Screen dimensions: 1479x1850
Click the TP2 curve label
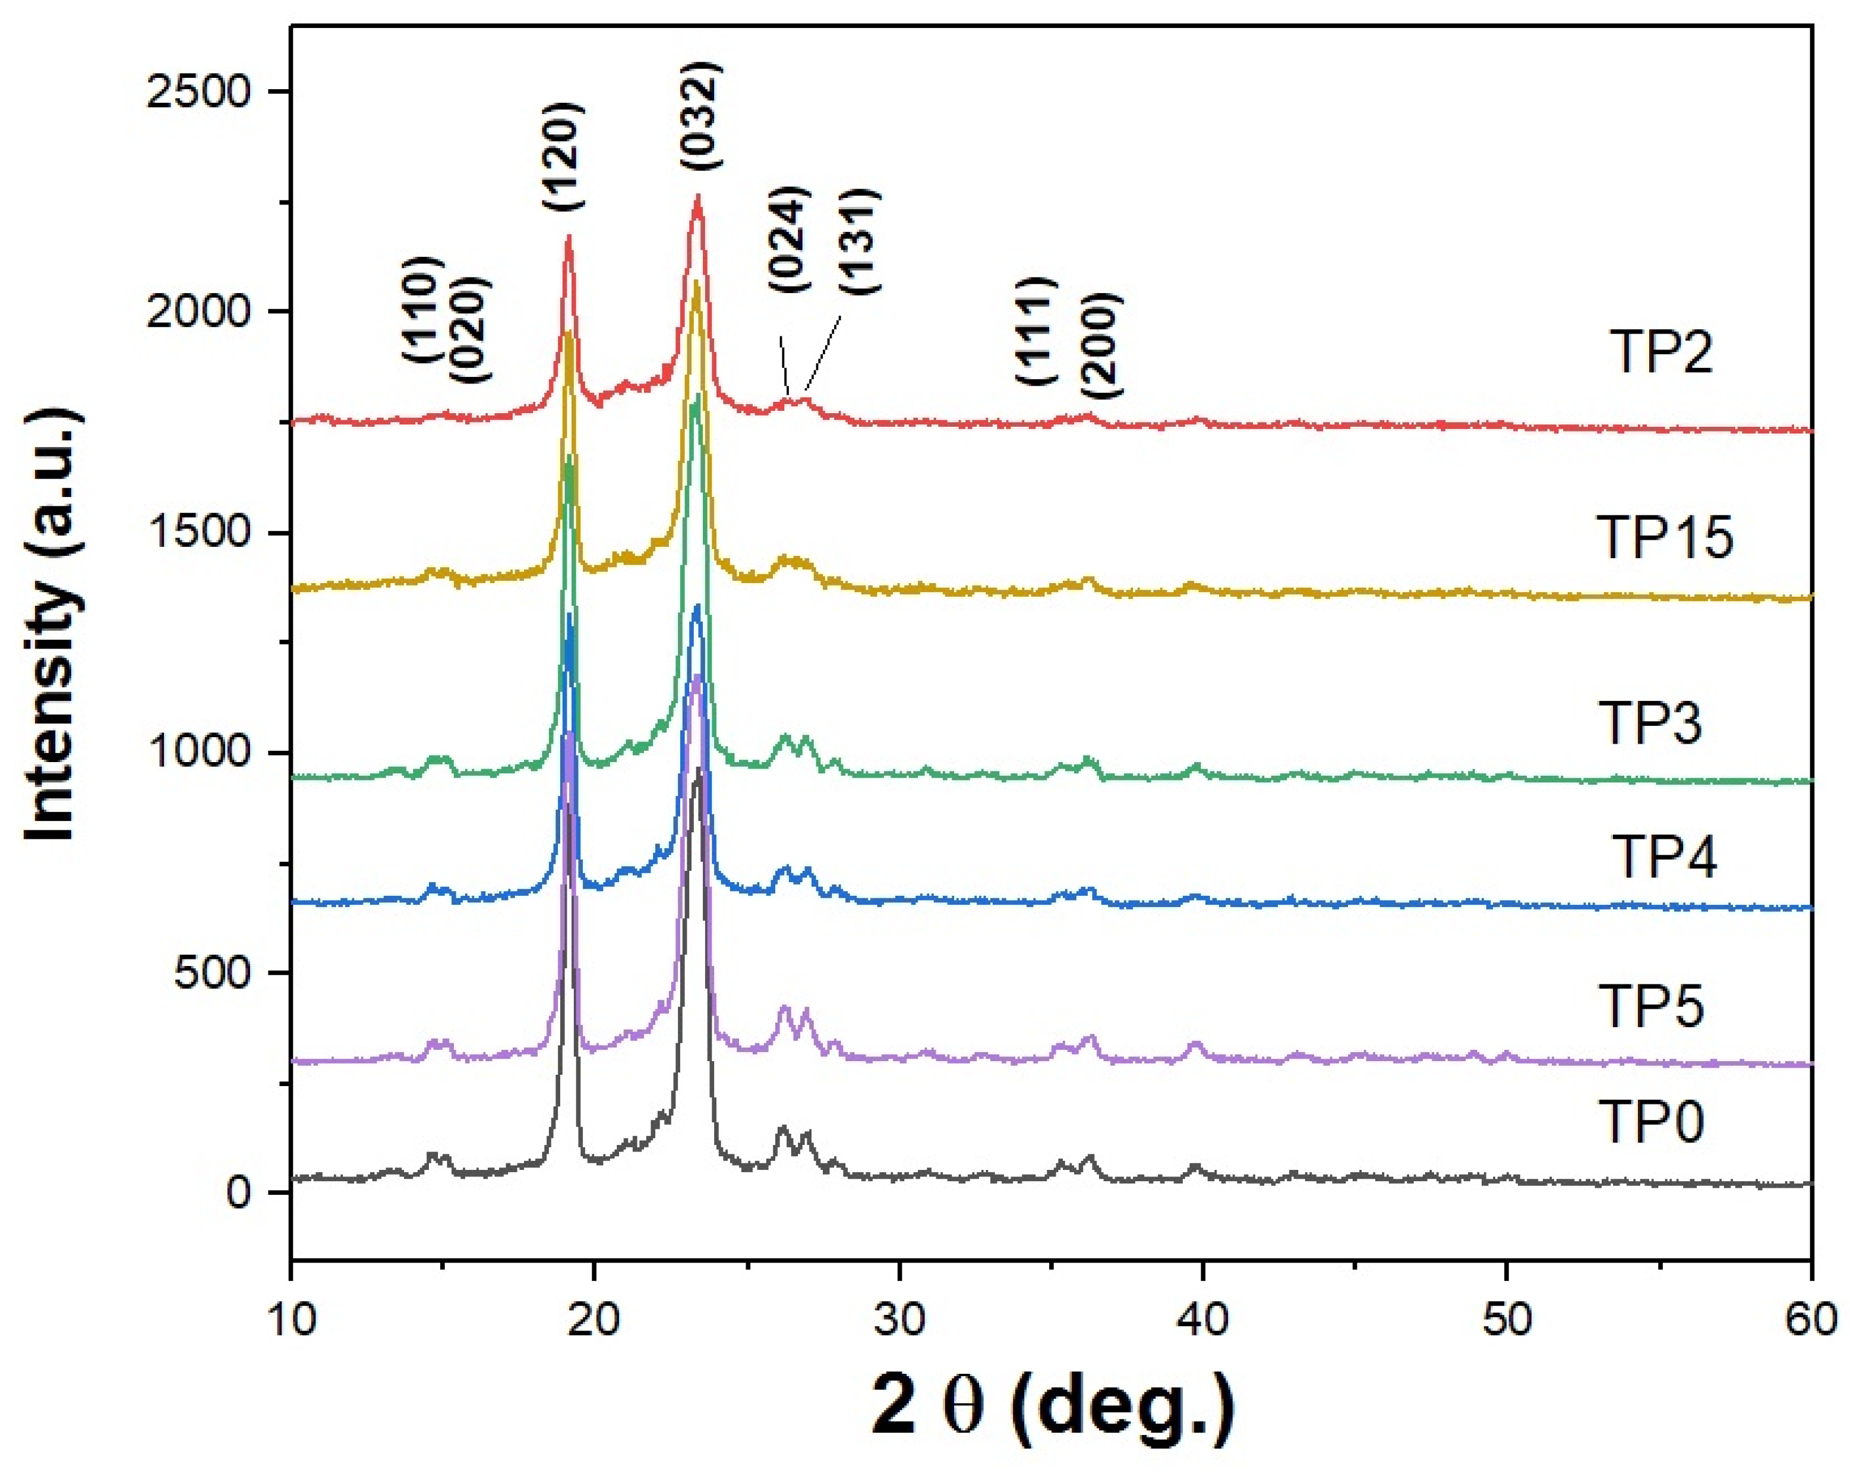click(x=1662, y=351)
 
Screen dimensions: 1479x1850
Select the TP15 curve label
click(x=1665, y=537)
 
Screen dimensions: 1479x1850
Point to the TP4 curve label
click(x=1665, y=857)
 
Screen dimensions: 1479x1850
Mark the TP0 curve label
click(x=1651, y=1122)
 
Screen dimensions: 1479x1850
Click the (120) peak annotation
click(x=564, y=157)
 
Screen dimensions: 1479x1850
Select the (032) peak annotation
click(x=700, y=115)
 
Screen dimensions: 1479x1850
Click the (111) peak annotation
click(x=1035, y=331)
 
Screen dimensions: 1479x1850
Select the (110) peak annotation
click(x=422, y=309)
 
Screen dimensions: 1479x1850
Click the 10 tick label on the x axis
click(x=292, y=1318)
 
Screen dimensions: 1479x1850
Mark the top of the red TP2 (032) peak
click(x=697, y=197)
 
